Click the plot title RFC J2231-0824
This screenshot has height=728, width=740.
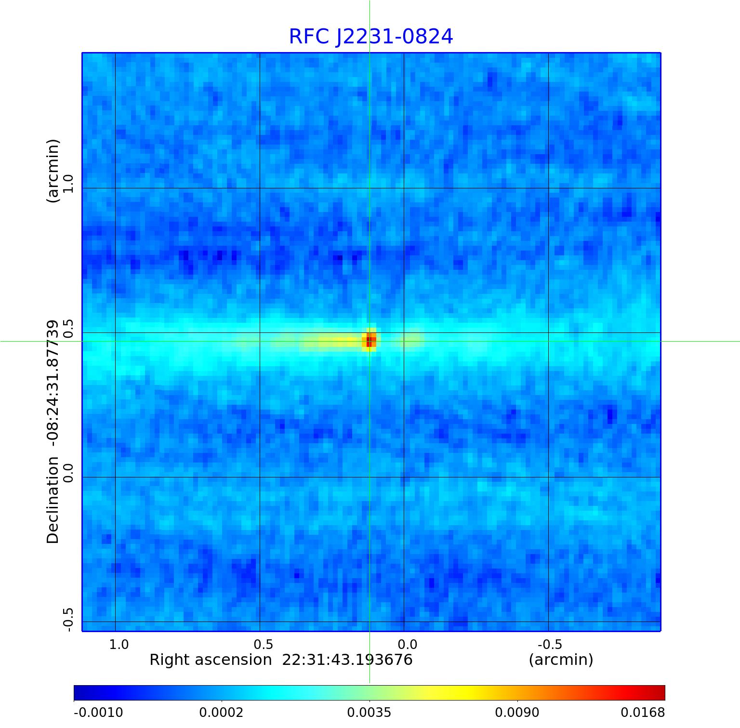click(x=370, y=37)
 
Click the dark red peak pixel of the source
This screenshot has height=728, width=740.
click(x=369, y=342)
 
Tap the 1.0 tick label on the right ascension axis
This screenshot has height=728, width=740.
click(x=119, y=644)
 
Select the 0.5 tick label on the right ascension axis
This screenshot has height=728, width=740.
click(x=264, y=644)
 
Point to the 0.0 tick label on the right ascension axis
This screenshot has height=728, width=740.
click(x=407, y=644)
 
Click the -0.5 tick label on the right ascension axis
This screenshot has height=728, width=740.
click(x=549, y=644)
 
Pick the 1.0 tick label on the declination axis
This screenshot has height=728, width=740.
click(x=68, y=184)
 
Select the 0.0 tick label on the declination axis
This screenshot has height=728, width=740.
click(x=68, y=473)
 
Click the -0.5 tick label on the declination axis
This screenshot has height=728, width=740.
click(x=68, y=620)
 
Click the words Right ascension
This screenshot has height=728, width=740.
click(x=211, y=660)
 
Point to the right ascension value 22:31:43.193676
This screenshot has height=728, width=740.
click(x=347, y=660)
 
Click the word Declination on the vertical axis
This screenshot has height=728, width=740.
click(x=53, y=500)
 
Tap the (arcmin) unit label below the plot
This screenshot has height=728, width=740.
click(x=561, y=660)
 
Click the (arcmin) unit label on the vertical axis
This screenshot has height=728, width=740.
click(x=53, y=171)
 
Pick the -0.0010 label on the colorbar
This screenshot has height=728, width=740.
click(x=98, y=712)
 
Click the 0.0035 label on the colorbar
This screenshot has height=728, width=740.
click(x=370, y=712)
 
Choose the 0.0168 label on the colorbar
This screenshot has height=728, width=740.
click(x=642, y=712)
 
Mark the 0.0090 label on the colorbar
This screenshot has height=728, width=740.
click(x=517, y=712)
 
